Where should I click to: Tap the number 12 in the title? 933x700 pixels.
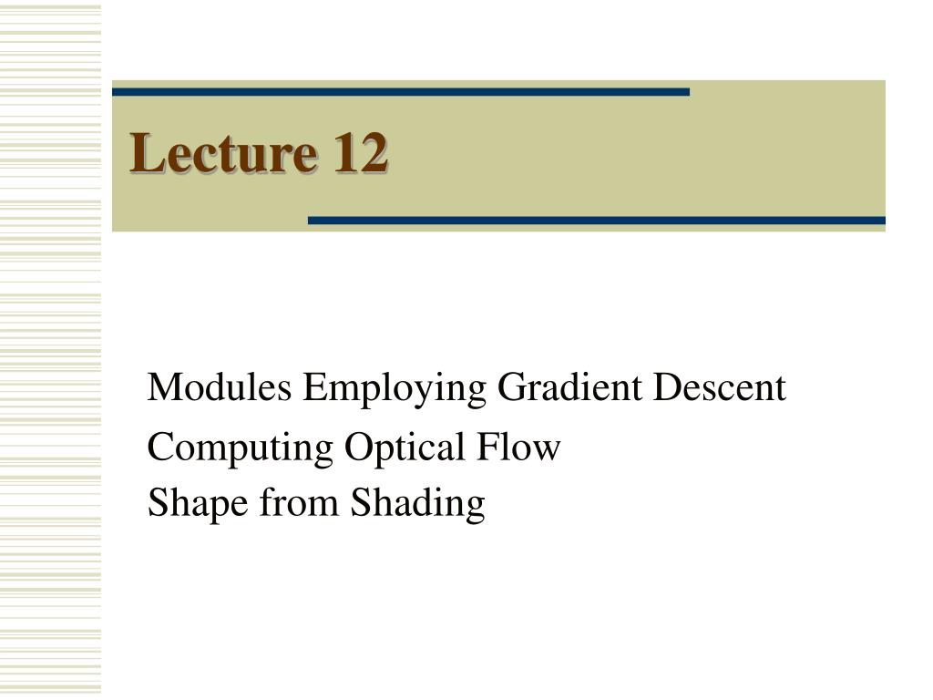coord(360,152)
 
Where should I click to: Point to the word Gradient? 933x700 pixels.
coord(570,389)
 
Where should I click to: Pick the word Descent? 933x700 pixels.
coord(719,389)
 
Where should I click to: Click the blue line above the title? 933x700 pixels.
coord(401,91)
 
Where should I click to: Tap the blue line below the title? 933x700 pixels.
coord(597,221)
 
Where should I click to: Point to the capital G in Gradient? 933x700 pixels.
coord(511,389)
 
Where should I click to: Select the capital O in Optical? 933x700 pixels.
coord(356,448)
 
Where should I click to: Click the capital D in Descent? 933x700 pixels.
coord(666,389)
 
